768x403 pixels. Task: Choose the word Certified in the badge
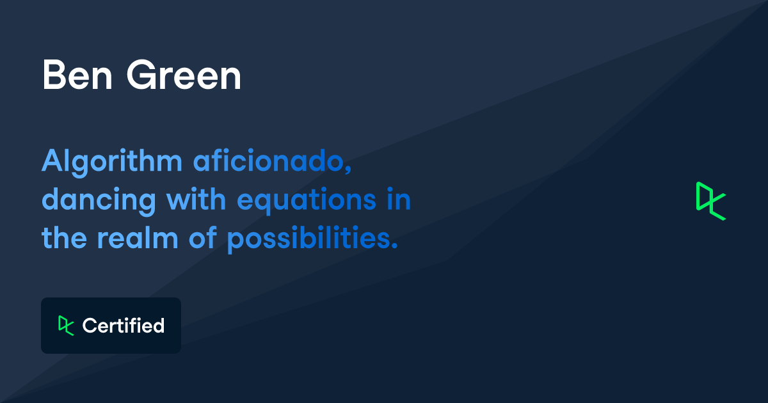click(x=124, y=326)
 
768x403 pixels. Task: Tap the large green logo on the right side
click(x=710, y=201)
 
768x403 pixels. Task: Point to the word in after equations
click(x=398, y=200)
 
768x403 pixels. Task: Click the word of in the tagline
click(x=202, y=239)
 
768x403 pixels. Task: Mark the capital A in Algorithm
click(x=51, y=162)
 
